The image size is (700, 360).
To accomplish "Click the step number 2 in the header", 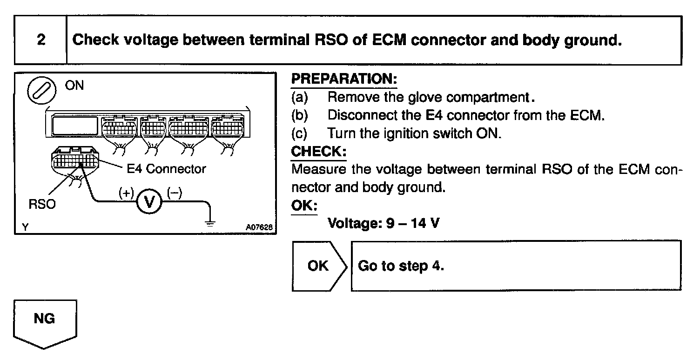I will (x=41, y=40).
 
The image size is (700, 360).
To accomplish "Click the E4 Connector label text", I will (x=166, y=168).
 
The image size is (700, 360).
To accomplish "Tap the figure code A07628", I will (x=258, y=227).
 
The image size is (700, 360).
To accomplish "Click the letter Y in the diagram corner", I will (x=24, y=227).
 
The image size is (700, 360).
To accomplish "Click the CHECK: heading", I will (x=319, y=152).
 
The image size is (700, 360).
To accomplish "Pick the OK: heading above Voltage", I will (x=303, y=206).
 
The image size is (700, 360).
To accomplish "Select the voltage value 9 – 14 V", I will (x=384, y=224).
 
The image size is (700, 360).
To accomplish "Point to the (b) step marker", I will (x=299, y=115).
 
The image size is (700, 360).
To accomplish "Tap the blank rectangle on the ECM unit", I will (x=74, y=125).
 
